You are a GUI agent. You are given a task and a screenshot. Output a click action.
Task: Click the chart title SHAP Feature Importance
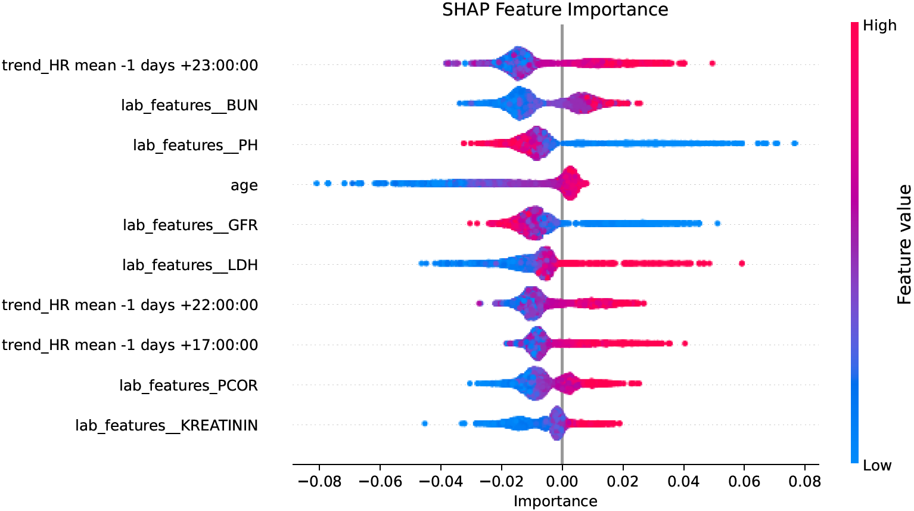[555, 10]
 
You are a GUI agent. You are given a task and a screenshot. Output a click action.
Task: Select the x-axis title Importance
[555, 501]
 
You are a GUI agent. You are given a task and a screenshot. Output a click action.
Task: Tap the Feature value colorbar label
[904, 244]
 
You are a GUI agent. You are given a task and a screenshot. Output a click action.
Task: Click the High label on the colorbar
[879, 26]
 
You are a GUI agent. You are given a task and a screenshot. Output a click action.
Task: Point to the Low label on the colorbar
[877, 466]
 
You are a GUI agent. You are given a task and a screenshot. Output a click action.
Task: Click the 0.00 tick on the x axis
[562, 481]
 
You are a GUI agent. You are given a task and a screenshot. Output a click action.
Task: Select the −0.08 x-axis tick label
[319, 481]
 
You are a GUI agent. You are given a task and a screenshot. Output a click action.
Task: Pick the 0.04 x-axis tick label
[683, 481]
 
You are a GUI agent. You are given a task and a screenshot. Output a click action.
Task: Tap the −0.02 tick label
[501, 481]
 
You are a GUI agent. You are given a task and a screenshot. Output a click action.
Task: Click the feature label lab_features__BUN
[189, 106]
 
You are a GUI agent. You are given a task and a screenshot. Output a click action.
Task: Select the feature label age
[244, 185]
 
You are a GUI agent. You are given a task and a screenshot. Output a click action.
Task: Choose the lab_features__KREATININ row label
[166, 426]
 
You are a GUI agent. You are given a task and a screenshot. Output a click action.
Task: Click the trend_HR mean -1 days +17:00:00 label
[130, 345]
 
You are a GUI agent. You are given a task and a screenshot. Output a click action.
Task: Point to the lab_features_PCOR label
[188, 386]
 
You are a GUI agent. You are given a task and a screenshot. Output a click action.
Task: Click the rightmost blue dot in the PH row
[794, 143]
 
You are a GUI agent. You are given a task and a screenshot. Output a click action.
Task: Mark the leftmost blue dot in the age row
[316, 183]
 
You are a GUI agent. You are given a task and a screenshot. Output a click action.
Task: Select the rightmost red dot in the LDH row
[742, 263]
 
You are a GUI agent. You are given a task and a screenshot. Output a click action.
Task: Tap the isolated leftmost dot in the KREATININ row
[424, 423]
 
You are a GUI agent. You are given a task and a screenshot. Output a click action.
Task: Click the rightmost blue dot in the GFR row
[717, 223]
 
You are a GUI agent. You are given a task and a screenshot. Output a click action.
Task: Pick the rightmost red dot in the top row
[712, 63]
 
